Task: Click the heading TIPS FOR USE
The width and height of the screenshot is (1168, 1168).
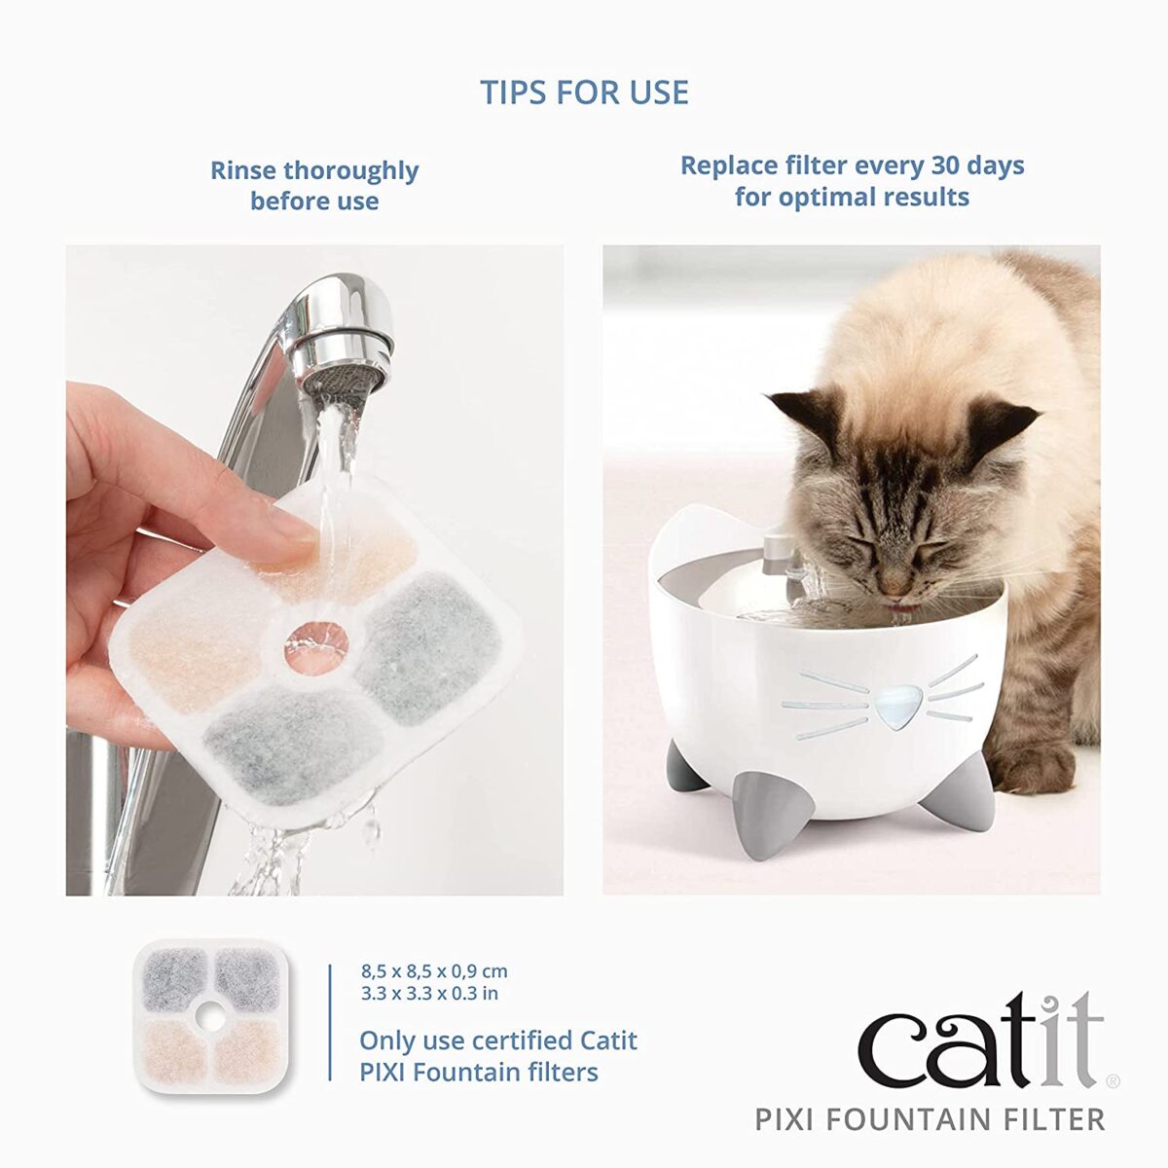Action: [584, 92]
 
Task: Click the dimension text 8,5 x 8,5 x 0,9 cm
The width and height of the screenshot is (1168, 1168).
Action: [434, 971]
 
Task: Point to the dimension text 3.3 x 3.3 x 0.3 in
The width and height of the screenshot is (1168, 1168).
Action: [429, 994]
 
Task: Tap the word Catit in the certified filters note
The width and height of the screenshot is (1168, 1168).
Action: [608, 1040]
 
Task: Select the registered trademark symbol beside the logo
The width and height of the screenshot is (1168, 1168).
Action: [1113, 1080]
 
